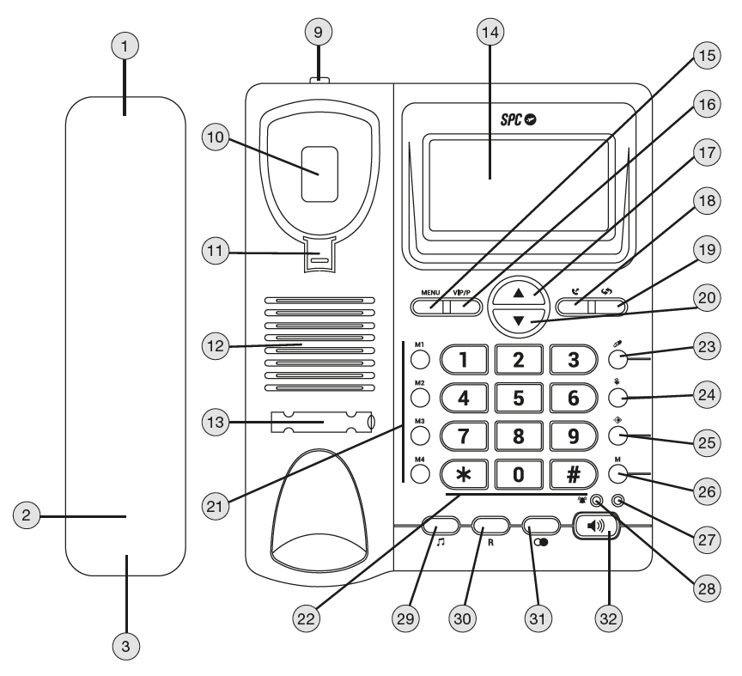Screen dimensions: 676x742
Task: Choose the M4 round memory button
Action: coord(420,474)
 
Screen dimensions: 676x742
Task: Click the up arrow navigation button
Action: coord(518,294)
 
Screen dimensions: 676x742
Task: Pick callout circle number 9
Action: coord(319,33)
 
